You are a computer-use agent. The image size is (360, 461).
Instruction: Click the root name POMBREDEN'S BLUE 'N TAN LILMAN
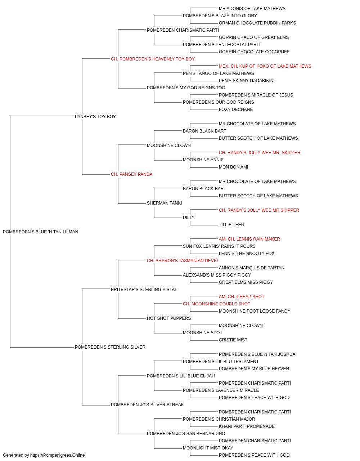(x=40, y=232)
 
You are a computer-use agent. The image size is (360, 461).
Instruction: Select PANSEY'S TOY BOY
(x=95, y=116)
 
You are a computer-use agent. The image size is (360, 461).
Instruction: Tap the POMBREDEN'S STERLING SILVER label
(x=110, y=347)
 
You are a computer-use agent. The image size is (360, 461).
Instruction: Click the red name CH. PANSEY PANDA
(x=131, y=174)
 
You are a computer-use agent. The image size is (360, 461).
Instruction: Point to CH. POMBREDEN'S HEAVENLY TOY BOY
(x=153, y=59)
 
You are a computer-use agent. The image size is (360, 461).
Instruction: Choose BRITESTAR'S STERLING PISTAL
(x=144, y=289)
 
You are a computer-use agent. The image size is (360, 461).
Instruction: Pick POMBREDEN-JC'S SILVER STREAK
(x=147, y=404)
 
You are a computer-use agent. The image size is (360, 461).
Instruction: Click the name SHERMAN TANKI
(x=164, y=203)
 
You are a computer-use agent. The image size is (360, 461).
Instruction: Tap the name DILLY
(x=189, y=218)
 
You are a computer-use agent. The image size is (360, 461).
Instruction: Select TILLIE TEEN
(x=231, y=225)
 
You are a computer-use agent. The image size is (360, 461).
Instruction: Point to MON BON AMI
(x=233, y=167)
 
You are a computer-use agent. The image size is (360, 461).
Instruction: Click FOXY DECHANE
(x=236, y=109)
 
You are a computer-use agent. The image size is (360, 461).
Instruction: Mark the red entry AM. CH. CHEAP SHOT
(x=242, y=296)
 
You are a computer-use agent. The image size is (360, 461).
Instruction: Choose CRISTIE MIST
(x=233, y=340)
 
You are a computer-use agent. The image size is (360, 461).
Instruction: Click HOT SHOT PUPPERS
(x=169, y=318)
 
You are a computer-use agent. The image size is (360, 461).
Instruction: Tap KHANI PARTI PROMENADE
(x=247, y=426)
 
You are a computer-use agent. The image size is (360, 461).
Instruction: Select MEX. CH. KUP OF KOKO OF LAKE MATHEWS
(x=265, y=66)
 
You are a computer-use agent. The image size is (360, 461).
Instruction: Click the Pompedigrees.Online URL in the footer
(x=57, y=455)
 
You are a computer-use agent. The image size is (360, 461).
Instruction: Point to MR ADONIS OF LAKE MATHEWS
(x=252, y=9)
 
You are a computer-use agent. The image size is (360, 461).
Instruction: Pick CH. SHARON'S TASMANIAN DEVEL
(x=183, y=260)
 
